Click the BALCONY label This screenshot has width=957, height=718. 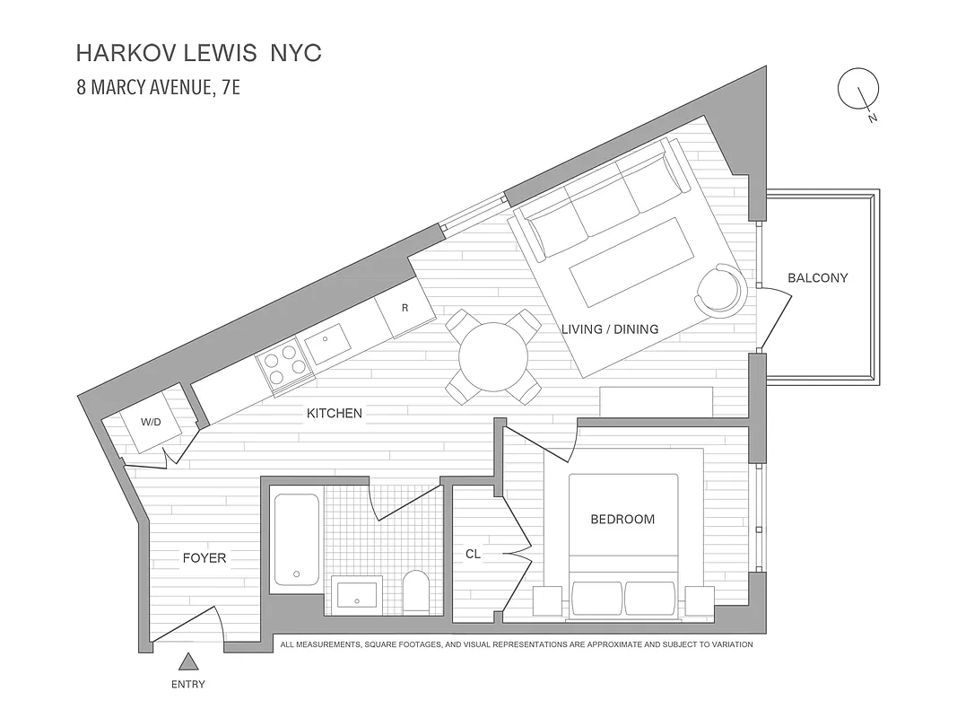pyautogui.click(x=817, y=278)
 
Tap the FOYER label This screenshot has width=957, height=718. pyautogui.click(x=204, y=558)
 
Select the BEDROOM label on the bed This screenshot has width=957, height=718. pyautogui.click(x=622, y=519)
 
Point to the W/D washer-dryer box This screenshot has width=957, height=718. pyautogui.click(x=150, y=422)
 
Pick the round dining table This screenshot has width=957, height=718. pyautogui.click(x=493, y=356)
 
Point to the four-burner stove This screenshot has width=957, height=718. pyautogui.click(x=281, y=366)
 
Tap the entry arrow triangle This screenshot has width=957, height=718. pyautogui.click(x=188, y=662)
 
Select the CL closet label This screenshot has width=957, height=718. pyautogui.click(x=473, y=555)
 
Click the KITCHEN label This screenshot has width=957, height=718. pyautogui.click(x=335, y=414)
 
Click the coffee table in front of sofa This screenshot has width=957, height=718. pyautogui.click(x=633, y=260)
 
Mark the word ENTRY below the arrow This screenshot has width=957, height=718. pyautogui.click(x=188, y=685)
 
